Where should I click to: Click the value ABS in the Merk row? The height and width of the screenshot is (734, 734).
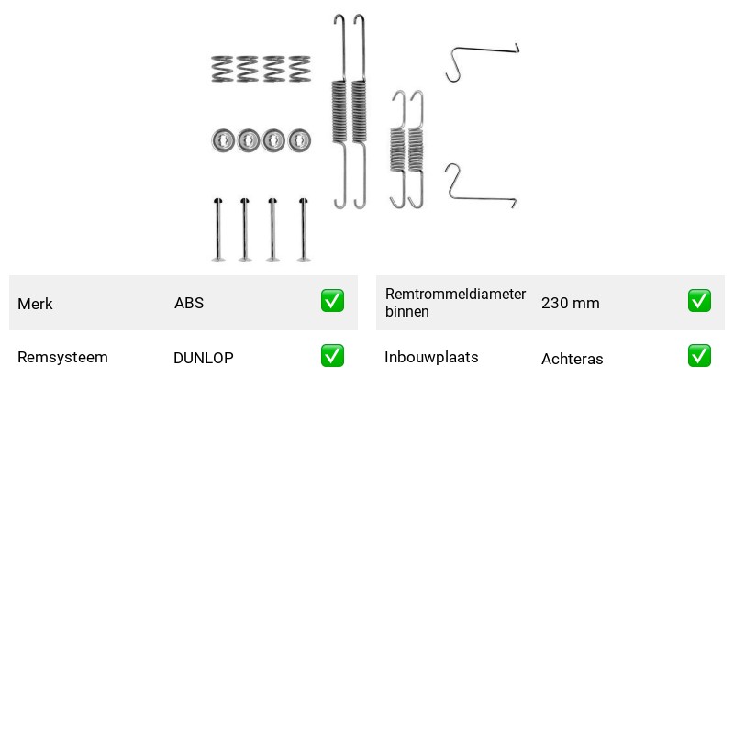pyautogui.click(x=189, y=303)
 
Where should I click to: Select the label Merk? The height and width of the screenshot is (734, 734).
pyautogui.click(x=35, y=304)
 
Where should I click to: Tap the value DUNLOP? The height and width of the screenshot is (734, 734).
pyautogui.click(x=203, y=358)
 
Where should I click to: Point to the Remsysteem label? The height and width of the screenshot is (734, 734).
pyautogui.click(x=62, y=357)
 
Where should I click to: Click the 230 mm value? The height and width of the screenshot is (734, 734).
pyautogui.click(x=570, y=303)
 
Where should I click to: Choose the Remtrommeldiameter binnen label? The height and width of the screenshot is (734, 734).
pyautogui.click(x=455, y=303)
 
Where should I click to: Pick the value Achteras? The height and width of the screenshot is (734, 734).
pyautogui.click(x=572, y=359)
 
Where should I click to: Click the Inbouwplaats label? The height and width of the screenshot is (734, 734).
pyautogui.click(x=431, y=357)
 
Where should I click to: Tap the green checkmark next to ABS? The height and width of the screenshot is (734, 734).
pyautogui.click(x=332, y=301)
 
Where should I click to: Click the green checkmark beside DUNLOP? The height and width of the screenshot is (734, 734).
pyautogui.click(x=332, y=356)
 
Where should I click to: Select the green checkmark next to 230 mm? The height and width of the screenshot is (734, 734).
pyautogui.click(x=699, y=301)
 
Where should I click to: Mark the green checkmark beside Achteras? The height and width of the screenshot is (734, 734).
pyautogui.click(x=699, y=356)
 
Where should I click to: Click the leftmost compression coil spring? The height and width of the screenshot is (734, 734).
pyautogui.click(x=222, y=69)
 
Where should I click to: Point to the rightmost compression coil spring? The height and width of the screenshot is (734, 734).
pyautogui.click(x=300, y=69)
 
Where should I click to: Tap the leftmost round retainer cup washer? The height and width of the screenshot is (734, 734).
pyautogui.click(x=223, y=140)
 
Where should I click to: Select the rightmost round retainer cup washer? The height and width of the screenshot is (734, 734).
pyautogui.click(x=300, y=140)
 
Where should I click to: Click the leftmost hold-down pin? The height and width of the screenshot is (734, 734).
pyautogui.click(x=218, y=229)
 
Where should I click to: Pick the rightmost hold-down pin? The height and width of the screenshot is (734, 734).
pyautogui.click(x=304, y=229)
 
